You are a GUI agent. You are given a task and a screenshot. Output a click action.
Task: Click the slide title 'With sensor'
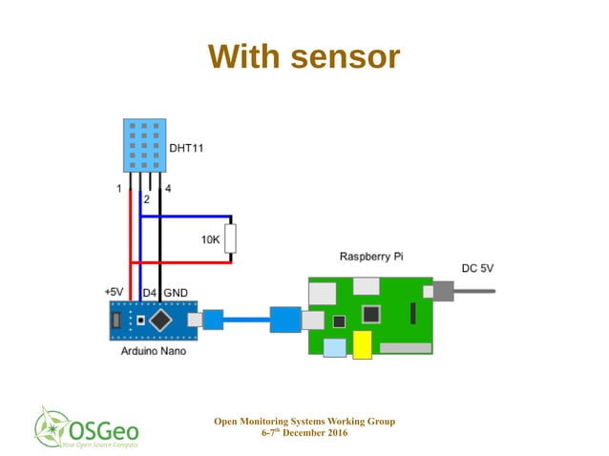pos(304,57)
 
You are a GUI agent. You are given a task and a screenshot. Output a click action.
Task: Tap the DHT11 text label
pos(186,149)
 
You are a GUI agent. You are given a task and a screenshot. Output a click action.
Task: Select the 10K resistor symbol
pos(230,238)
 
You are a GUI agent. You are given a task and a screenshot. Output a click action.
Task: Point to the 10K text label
pos(211,240)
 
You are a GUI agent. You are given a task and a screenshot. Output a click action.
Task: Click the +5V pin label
pos(114,291)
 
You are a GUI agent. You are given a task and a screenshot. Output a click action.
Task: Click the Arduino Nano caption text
pos(153,351)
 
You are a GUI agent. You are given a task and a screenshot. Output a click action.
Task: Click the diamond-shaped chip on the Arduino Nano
pos(161,320)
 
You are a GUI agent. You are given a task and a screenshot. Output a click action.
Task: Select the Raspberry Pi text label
pos(372,258)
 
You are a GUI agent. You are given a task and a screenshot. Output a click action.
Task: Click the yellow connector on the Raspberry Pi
pos(362,346)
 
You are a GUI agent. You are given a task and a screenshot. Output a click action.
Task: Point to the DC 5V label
pos(477,269)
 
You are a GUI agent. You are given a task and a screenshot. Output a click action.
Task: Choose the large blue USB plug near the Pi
pos(284,320)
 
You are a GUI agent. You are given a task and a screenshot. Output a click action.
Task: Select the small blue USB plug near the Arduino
pos(213,320)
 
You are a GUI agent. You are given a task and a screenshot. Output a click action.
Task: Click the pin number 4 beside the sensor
pos(169,189)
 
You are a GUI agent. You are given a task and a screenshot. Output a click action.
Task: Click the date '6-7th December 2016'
pos(304,433)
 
